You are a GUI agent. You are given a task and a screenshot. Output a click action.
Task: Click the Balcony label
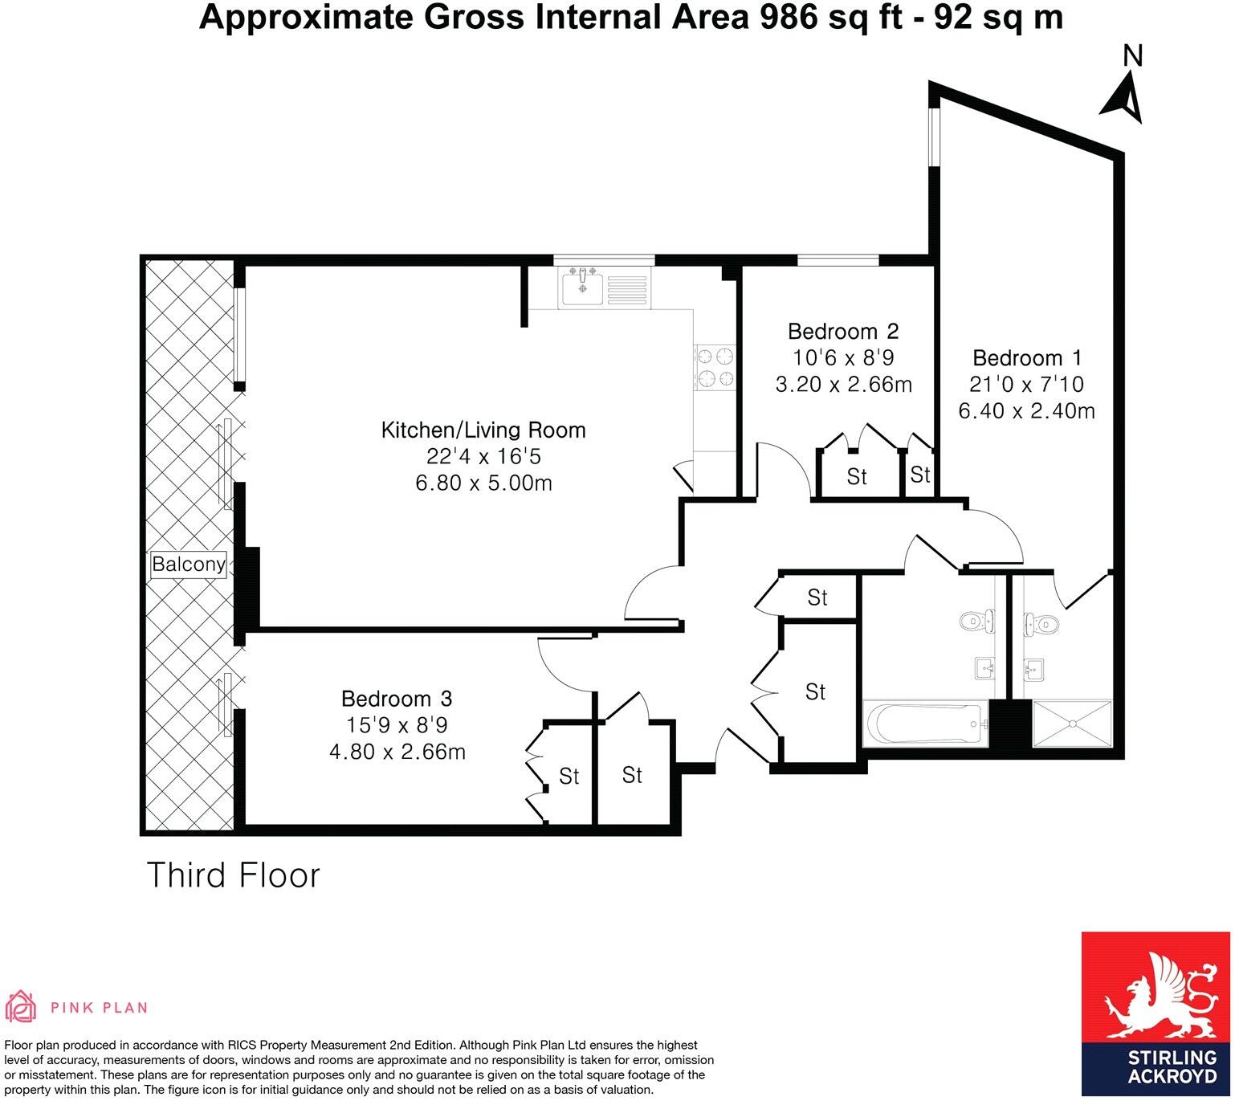(189, 564)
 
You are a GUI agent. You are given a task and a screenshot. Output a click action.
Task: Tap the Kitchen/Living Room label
(483, 430)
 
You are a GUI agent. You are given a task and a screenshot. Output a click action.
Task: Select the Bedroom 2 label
(842, 331)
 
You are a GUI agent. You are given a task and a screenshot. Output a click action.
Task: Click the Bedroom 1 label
(1027, 357)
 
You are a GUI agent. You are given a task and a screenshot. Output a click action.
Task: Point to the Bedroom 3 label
(397, 699)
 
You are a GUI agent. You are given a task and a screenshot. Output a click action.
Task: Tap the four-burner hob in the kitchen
(715, 367)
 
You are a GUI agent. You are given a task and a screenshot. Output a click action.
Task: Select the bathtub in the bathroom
(924, 724)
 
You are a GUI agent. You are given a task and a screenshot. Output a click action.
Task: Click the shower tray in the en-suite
(1072, 724)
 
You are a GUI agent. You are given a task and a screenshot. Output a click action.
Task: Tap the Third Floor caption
(233, 875)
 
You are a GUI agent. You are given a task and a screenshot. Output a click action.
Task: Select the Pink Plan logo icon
(22, 1007)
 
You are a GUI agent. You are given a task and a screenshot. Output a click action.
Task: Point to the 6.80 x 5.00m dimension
(483, 483)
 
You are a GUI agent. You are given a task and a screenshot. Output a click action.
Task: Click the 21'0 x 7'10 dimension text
(1027, 384)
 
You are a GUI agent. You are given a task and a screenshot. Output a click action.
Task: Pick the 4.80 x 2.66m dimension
(397, 752)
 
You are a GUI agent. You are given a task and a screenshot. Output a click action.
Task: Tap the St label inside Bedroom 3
(569, 777)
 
